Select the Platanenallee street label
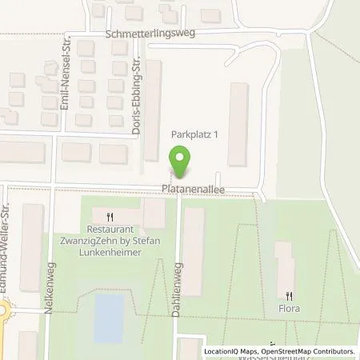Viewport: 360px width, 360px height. coord(191,190)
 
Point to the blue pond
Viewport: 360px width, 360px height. coord(109,318)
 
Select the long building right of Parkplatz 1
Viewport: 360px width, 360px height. coord(238,124)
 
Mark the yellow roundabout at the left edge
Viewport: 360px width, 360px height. coord(4,313)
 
